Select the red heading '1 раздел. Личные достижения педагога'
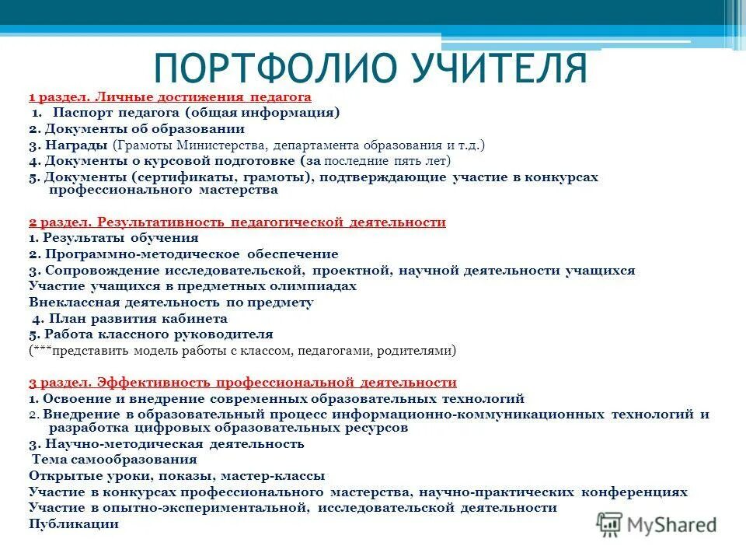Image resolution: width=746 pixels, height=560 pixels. pyautogui.click(x=170, y=97)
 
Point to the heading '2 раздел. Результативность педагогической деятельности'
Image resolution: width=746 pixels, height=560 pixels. pyautogui.click(x=237, y=222)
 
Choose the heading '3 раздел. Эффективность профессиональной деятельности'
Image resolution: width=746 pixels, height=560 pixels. pyautogui.click(x=242, y=383)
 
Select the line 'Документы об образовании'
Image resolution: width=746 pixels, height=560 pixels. pyautogui.click(x=145, y=129)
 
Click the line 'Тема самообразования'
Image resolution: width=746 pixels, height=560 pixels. pyautogui.click(x=114, y=460)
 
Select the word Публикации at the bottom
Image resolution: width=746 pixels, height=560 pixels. pyautogui.click(x=74, y=523)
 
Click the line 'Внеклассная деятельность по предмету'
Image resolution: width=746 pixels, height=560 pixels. pyautogui.click(x=171, y=303)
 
